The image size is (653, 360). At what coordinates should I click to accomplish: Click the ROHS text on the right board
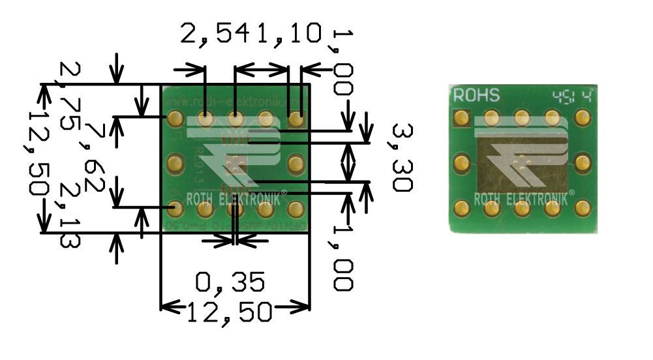point(477,96)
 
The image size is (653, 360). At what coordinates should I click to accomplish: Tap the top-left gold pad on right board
point(463,119)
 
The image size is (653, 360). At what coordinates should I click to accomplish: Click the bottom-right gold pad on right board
point(583,208)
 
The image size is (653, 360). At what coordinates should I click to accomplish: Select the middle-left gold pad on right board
point(463,162)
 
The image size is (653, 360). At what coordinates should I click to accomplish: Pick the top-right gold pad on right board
point(583,119)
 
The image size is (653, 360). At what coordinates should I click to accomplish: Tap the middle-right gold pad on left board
point(296,162)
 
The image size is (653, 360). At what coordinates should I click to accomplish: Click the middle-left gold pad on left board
point(174,162)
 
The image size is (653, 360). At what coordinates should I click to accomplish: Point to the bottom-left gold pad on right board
point(463,208)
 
